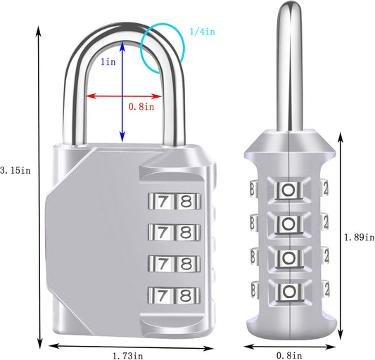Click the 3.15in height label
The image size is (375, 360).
pyautogui.click(x=15, y=170)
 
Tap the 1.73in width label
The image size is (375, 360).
pyautogui.click(x=127, y=356)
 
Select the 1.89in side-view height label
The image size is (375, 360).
pyautogui.click(x=360, y=237)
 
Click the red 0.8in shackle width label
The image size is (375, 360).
pyautogui.click(x=141, y=107)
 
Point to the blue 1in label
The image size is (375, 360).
pyautogui.click(x=108, y=62)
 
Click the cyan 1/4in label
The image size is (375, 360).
pyautogui.click(x=203, y=32)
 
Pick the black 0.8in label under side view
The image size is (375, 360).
pyautogui.click(x=289, y=356)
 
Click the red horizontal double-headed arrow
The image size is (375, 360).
pyautogui.click(x=123, y=96)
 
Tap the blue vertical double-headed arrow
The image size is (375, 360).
pyautogui.click(x=122, y=91)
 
